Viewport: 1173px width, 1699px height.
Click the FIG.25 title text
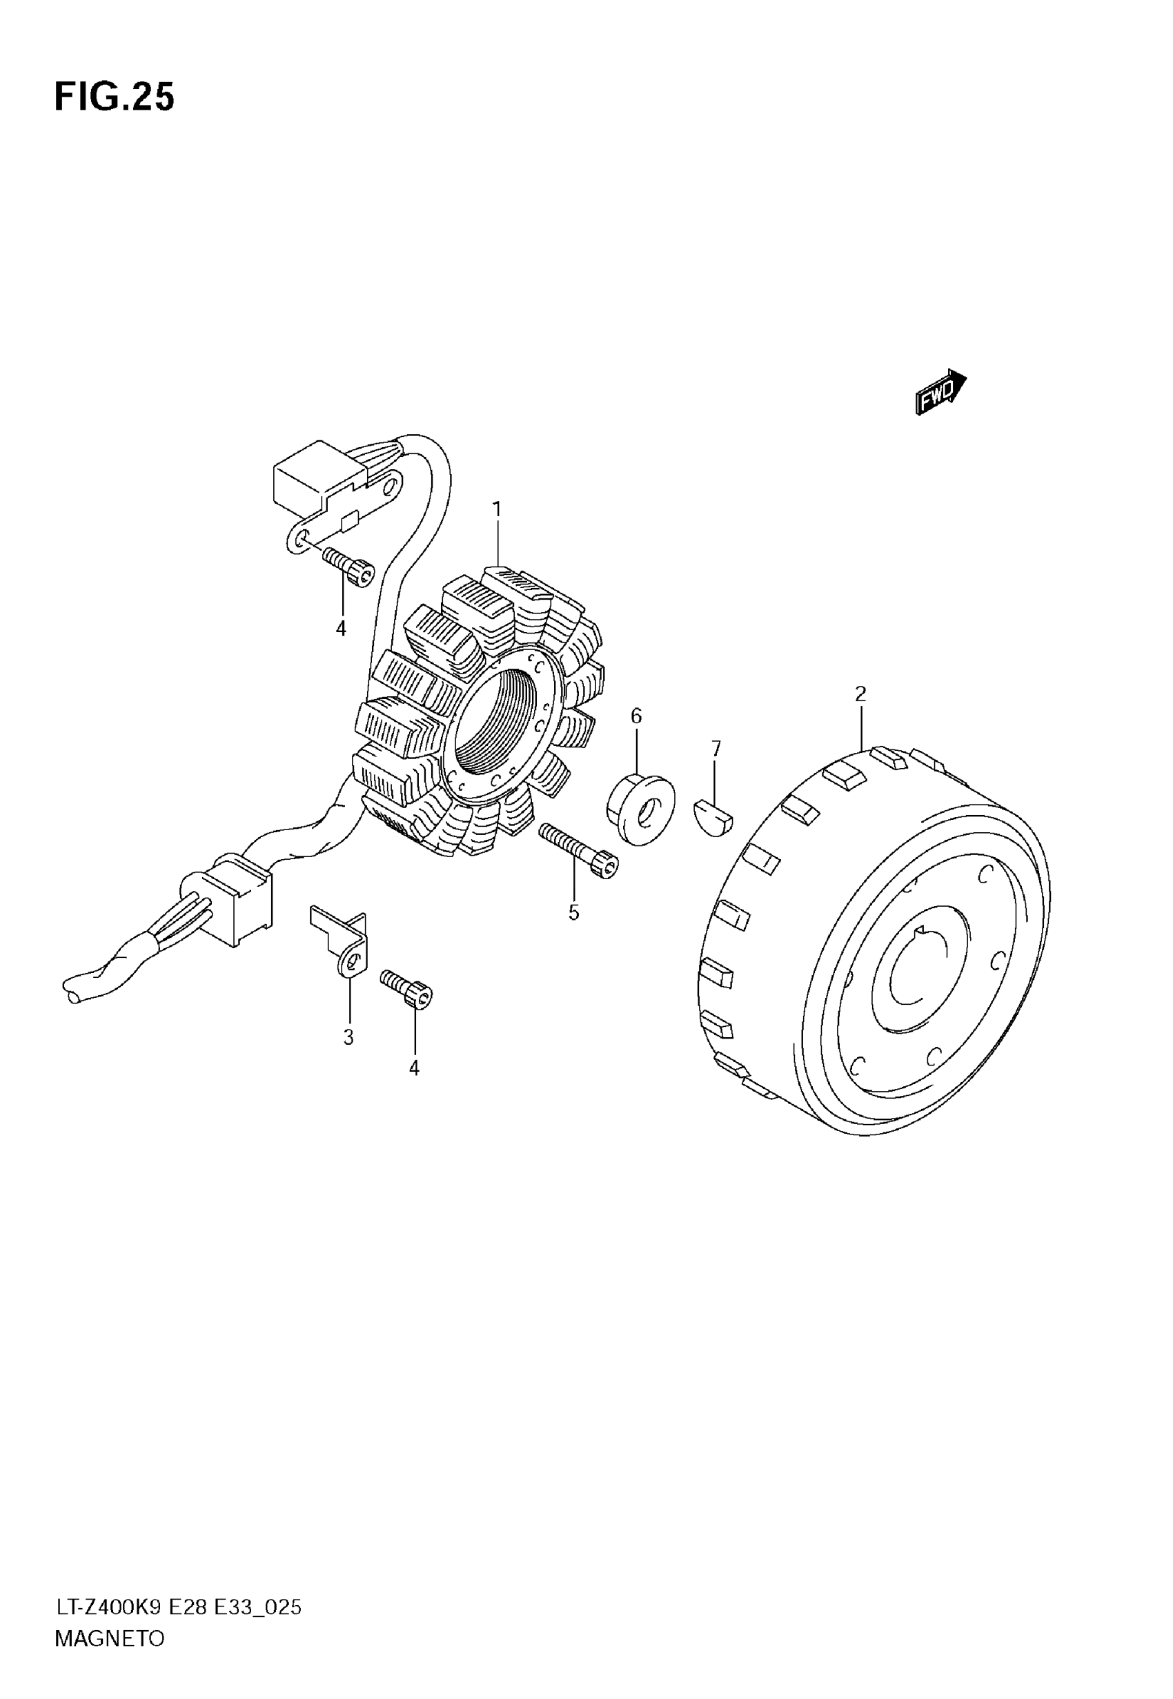115,98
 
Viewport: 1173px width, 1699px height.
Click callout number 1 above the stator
497,509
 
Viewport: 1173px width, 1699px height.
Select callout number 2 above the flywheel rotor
860,694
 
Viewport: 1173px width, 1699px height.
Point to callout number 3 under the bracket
348,1038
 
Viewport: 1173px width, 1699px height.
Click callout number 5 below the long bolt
573,913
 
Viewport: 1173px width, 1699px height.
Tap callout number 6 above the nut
635,716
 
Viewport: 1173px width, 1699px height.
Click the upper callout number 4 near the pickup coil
341,629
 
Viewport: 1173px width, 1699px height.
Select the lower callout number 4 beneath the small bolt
415,1068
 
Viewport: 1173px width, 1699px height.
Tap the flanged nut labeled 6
640,807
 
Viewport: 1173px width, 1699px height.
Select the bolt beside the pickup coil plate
348,568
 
